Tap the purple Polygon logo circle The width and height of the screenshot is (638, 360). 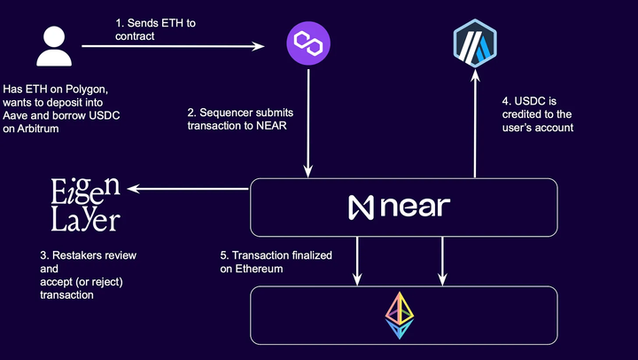pos(307,43)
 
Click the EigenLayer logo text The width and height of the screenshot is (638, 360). pos(85,203)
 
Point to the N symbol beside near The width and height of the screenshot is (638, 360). pos(361,207)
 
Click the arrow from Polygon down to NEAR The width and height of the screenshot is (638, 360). pos(307,124)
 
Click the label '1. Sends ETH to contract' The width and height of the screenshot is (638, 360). pos(155,27)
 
